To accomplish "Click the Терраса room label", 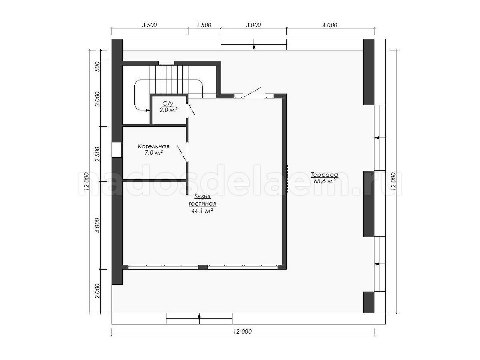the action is (324, 175).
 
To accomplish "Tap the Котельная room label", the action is (154, 146).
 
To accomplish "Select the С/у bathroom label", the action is (168, 104).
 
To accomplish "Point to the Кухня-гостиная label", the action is (202, 200).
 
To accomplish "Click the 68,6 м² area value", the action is (325, 181).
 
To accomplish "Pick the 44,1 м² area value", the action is (202, 211).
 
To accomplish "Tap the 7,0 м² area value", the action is (153, 153).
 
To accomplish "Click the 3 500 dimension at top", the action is (149, 25).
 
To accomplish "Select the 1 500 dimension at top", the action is (204, 25).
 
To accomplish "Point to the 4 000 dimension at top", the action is (330, 25).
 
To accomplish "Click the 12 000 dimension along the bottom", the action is (243, 332).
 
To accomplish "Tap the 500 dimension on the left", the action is (98, 66).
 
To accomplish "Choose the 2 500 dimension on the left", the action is (98, 154).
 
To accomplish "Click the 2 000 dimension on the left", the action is (98, 291).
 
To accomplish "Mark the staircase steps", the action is (169, 80).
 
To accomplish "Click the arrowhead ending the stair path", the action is (148, 111).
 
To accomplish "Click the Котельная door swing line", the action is (182, 153).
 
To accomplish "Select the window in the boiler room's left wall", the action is (117, 150).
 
